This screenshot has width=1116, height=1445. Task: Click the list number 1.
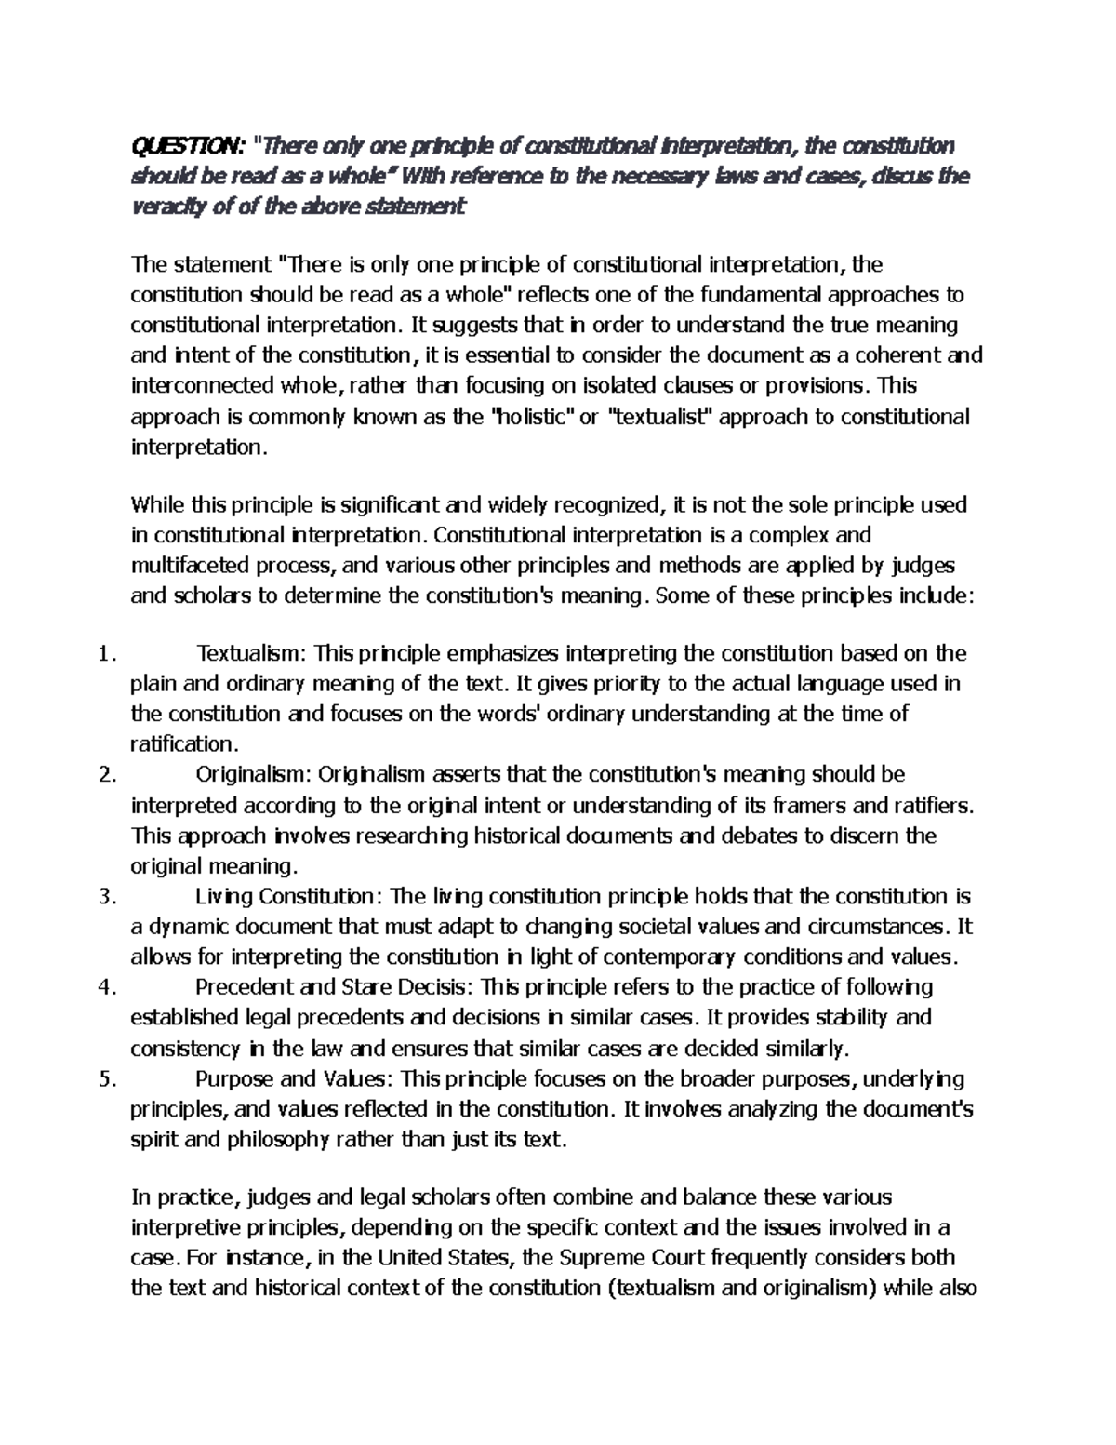(105, 654)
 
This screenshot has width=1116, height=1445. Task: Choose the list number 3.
(105, 898)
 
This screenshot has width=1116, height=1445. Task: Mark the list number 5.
(105, 1080)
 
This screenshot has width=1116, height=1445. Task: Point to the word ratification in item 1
(183, 744)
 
